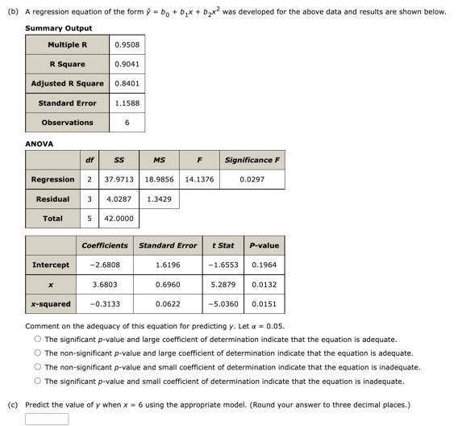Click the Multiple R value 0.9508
click(127, 44)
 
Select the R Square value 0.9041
click(127, 64)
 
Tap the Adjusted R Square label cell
click(67, 83)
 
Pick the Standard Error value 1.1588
click(127, 103)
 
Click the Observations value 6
click(127, 123)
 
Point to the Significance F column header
click(252, 160)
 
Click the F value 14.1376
click(199, 179)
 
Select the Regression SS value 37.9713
click(119, 179)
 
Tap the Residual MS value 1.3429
click(159, 198)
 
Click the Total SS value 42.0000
click(119, 218)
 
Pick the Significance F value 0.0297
click(252, 179)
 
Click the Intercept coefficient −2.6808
click(105, 265)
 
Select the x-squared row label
click(50, 304)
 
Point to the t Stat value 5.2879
click(223, 284)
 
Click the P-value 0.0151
click(264, 304)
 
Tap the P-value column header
click(264, 245)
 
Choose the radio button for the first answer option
click(37, 340)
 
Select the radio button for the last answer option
click(37, 381)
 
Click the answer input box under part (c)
click(47, 419)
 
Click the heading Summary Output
click(58, 28)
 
